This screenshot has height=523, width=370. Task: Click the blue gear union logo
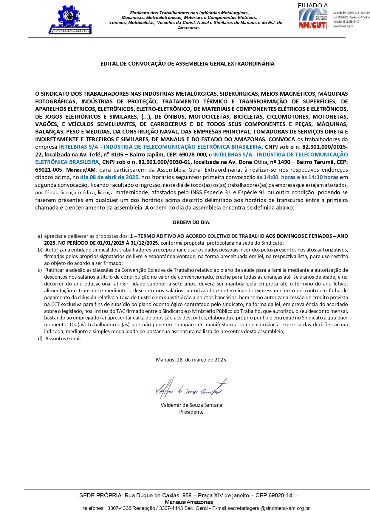coord(70,19)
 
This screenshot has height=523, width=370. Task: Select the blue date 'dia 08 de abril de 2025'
coord(109,177)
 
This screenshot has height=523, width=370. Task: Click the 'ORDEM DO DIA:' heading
coord(191,222)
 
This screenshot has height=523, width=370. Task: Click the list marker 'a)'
coord(40,236)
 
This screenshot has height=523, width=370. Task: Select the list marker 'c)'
coord(40,270)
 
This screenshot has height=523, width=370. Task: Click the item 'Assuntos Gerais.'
coord(64,339)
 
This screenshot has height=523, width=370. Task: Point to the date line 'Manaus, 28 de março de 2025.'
coord(191,360)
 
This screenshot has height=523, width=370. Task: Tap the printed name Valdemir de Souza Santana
coord(191,405)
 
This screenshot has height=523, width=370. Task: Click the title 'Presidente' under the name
coord(191,412)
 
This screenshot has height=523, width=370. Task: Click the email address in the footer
coord(268,508)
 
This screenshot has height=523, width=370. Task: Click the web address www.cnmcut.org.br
coord(343,26)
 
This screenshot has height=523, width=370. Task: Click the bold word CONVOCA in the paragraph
coord(282,139)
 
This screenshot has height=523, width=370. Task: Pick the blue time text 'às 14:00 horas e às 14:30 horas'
coord(297,177)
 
